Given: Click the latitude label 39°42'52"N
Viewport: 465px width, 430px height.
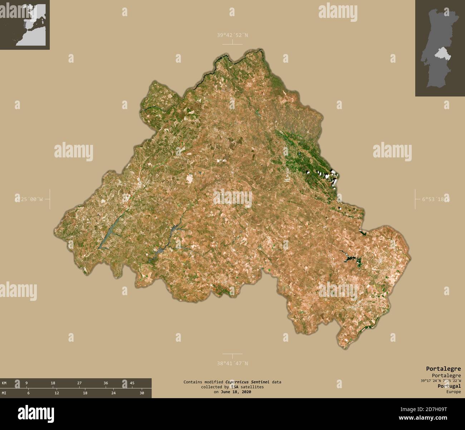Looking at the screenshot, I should (232, 35).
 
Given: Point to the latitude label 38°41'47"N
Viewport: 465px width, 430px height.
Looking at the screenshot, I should (232, 363).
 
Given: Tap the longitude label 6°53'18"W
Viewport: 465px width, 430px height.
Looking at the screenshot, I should (434, 199).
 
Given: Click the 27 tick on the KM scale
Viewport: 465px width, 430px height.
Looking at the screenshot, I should (79, 383).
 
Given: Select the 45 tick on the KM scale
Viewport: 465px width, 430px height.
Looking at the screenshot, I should (132, 383).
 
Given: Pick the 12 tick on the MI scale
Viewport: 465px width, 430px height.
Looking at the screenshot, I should (57, 393).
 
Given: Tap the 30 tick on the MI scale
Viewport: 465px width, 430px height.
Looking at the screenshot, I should (142, 393).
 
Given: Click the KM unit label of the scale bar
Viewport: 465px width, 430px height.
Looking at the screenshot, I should (4, 383).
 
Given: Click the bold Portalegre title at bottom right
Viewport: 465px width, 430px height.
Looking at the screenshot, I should (443, 368).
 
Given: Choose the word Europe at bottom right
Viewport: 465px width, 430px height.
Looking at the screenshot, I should (453, 392).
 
